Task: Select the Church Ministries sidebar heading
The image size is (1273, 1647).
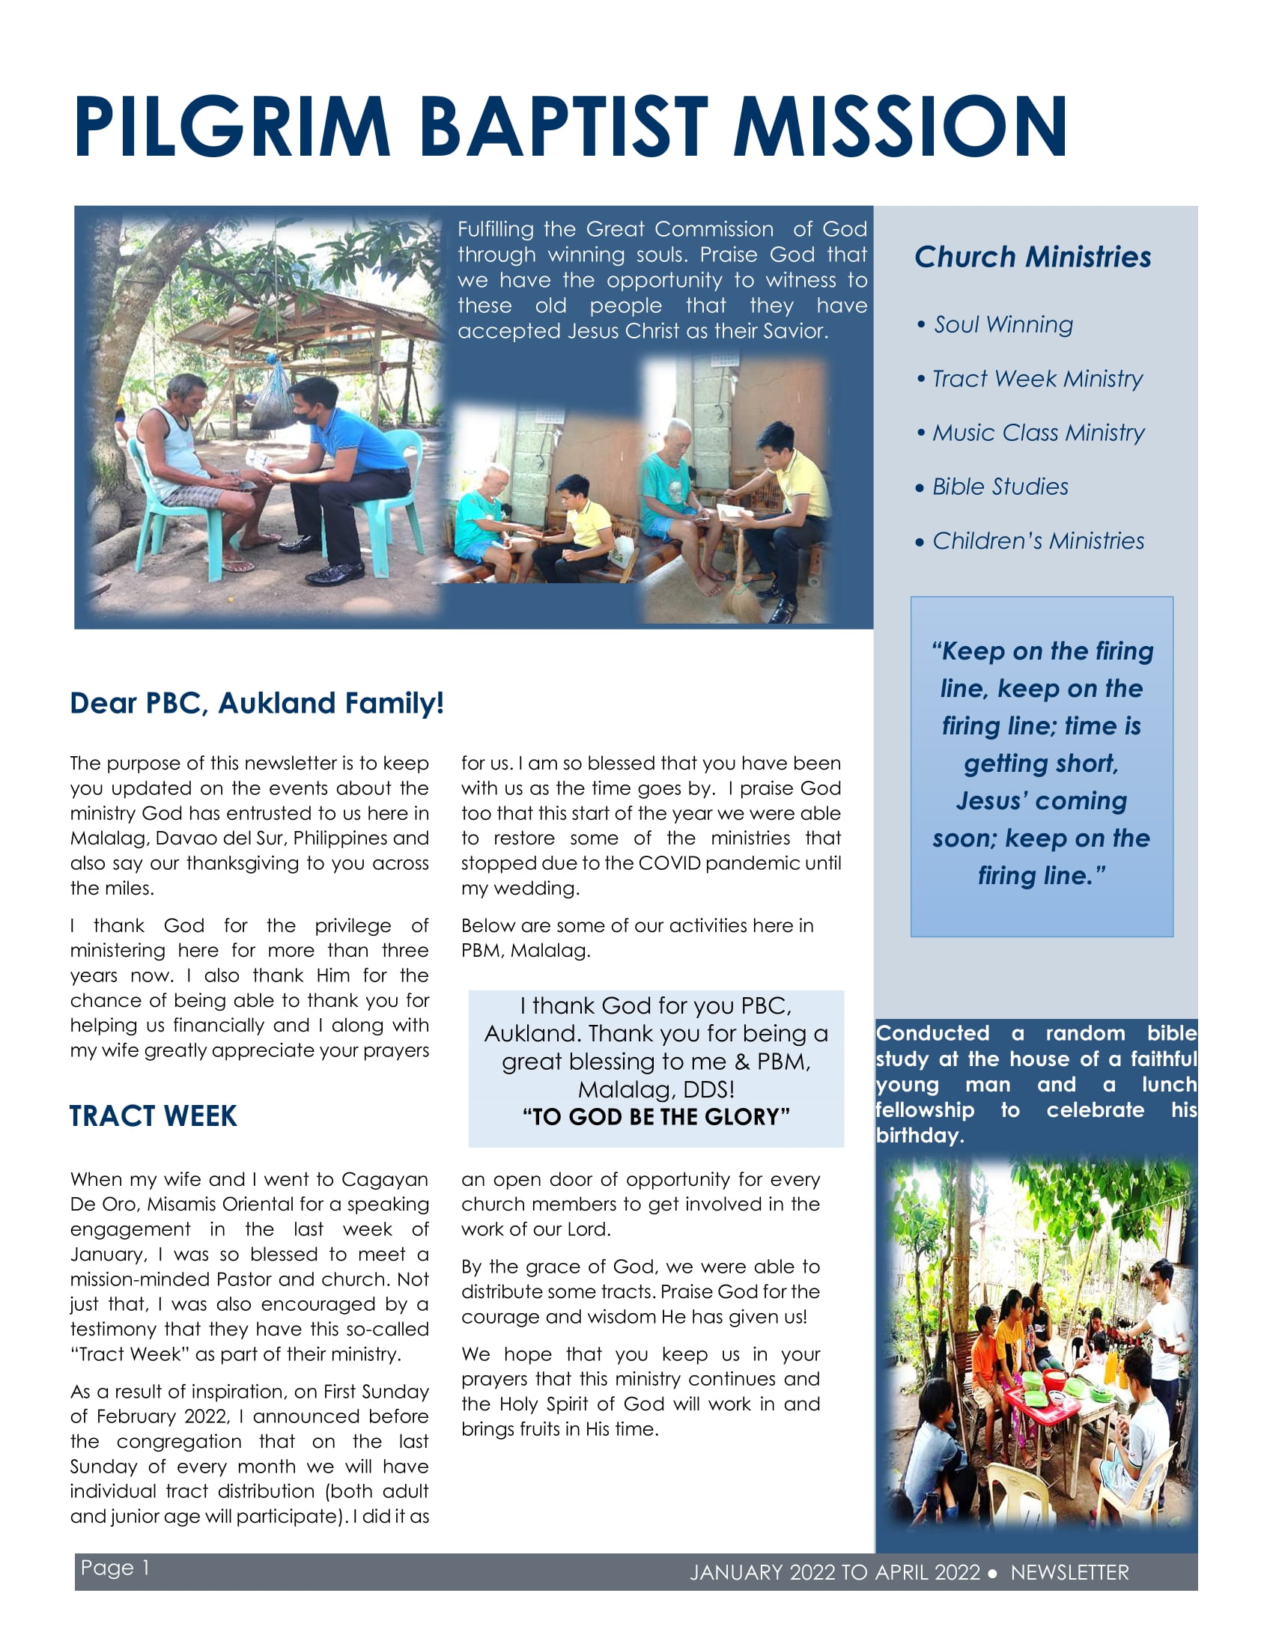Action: [1033, 257]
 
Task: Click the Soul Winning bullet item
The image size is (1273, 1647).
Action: [1003, 325]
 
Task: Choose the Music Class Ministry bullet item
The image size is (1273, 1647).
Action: [1038, 433]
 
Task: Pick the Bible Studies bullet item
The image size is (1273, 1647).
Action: [1000, 487]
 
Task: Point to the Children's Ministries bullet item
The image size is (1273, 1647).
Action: [1038, 541]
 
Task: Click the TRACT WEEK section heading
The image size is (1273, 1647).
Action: [153, 1116]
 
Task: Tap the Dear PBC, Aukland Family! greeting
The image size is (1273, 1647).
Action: [256, 703]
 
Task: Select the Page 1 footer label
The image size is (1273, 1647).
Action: [115, 1568]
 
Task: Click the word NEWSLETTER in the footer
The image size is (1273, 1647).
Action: [1069, 1572]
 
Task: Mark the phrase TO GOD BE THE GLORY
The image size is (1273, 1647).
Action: [656, 1117]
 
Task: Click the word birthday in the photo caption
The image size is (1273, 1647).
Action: [917, 1136]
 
